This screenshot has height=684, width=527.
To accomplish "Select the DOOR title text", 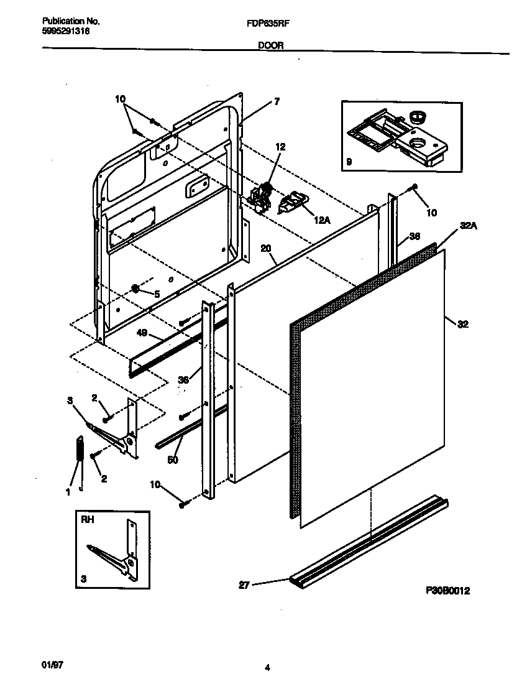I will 270,45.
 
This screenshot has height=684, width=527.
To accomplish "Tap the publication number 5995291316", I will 61,30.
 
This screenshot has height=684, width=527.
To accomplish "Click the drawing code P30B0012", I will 447,591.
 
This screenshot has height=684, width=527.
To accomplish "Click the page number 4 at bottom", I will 267,668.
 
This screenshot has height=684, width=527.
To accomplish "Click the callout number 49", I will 142,333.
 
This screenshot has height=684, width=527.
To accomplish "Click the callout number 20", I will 265,248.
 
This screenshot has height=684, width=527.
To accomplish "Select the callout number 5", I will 157,294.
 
